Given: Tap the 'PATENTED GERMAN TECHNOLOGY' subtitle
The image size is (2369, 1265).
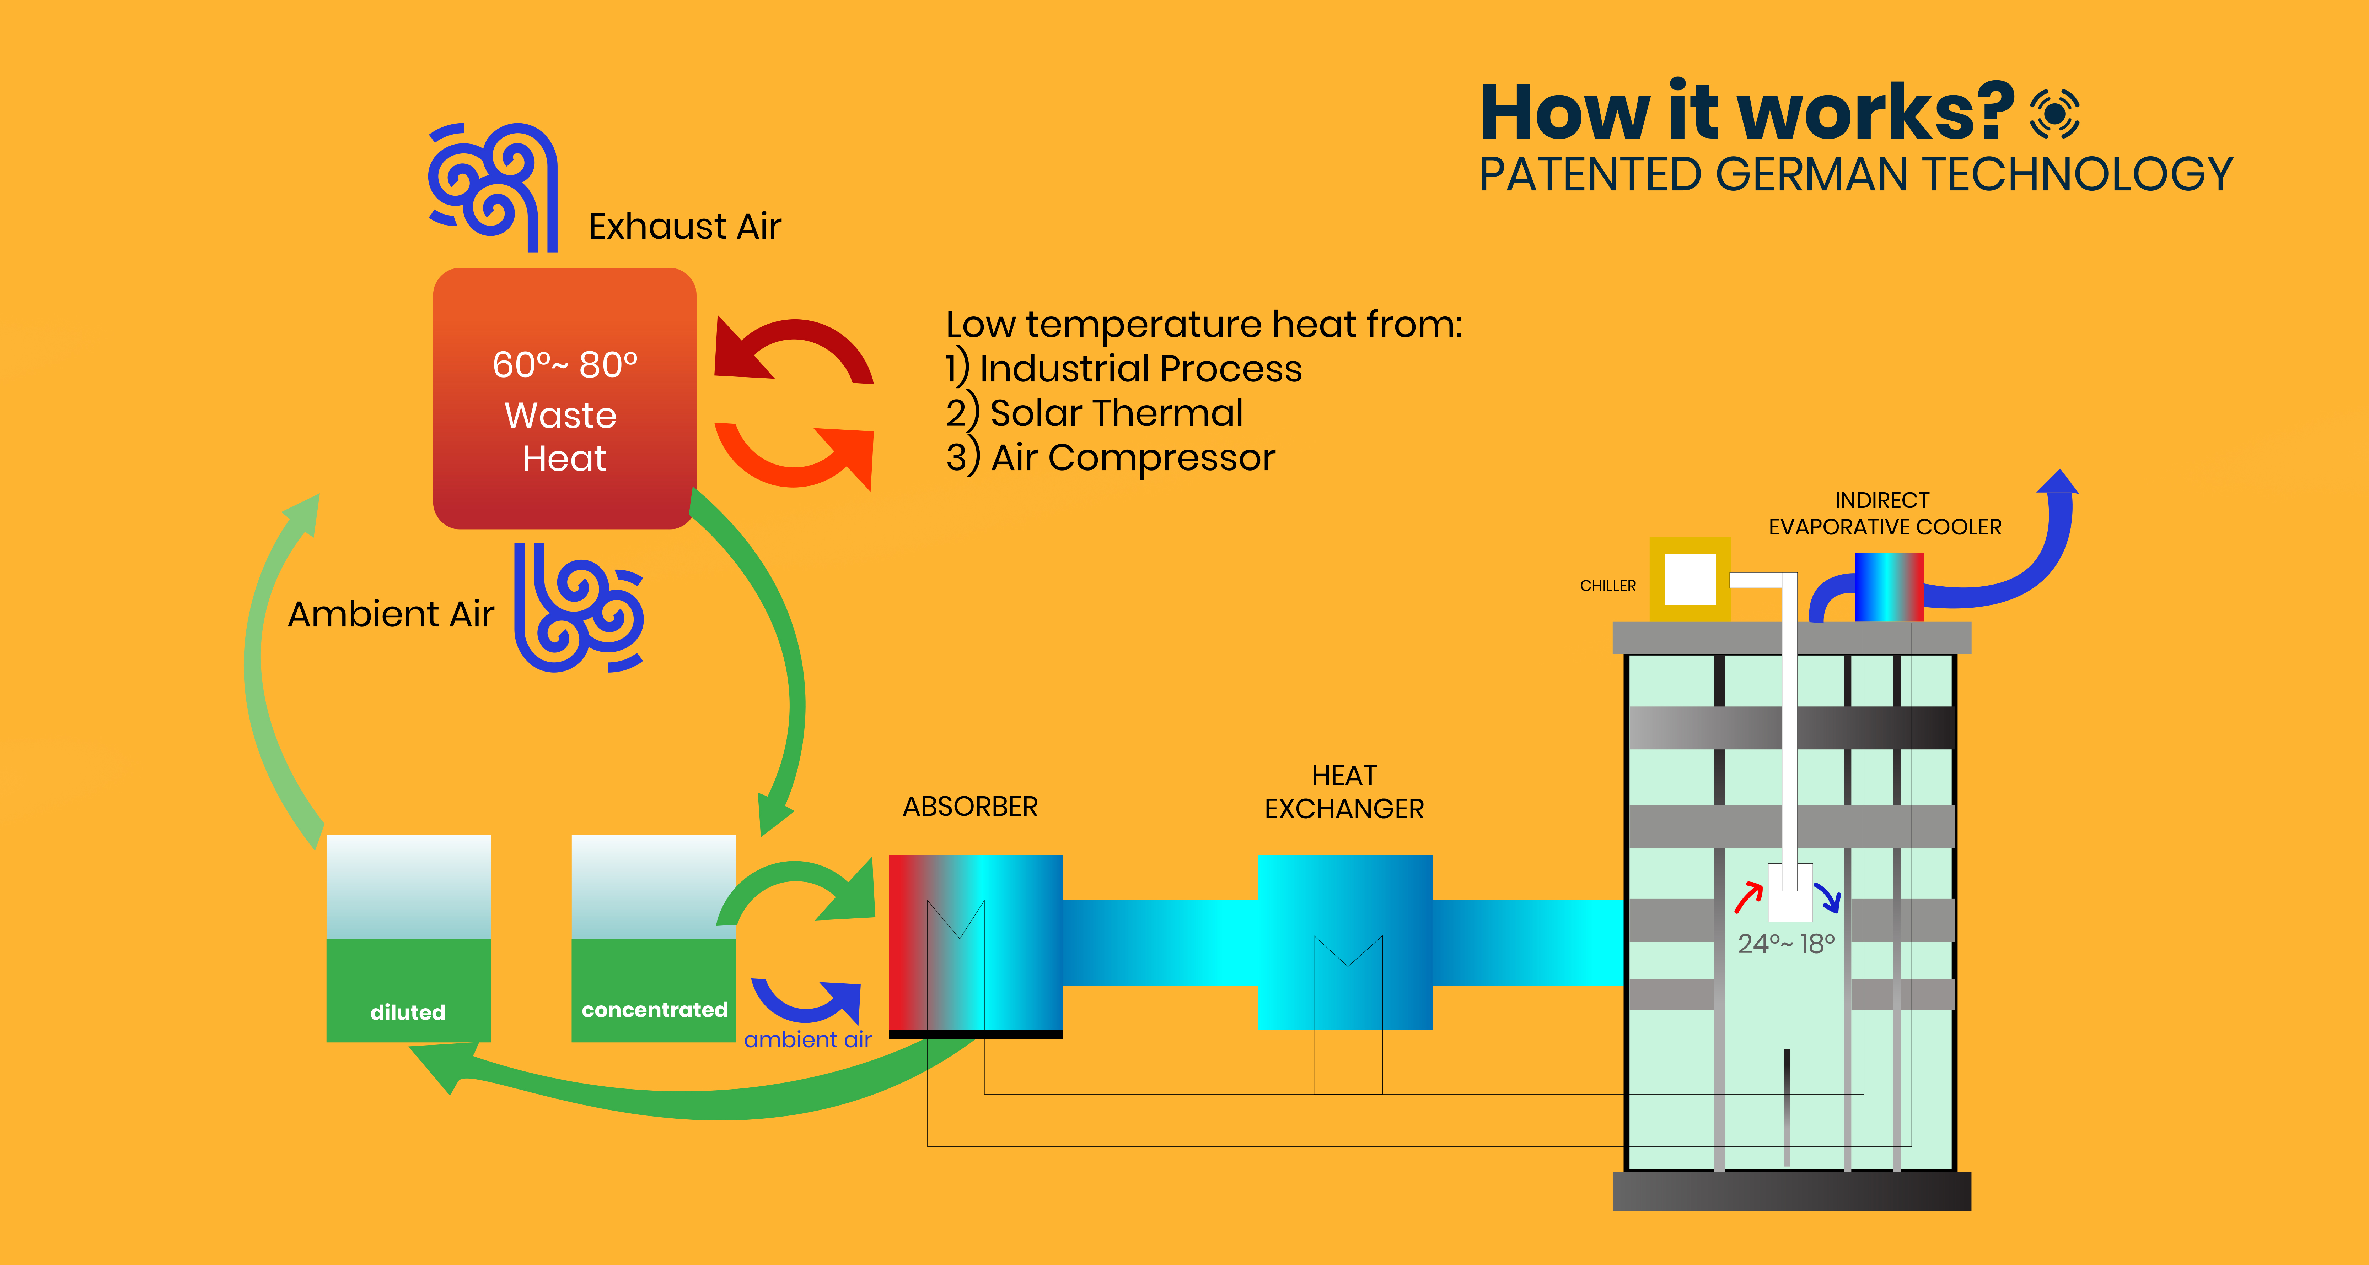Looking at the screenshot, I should coord(1855,175).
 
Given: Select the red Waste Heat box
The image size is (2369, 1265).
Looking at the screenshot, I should coord(564,398).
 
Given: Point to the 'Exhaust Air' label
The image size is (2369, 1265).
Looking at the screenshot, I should coord(684,226).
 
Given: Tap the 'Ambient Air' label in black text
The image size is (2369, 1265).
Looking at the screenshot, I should coord(391,614).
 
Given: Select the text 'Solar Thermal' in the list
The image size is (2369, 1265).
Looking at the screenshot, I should coord(1116,413).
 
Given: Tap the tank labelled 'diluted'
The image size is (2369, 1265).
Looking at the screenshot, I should coord(408,938).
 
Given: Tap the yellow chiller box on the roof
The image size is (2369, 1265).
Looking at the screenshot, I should coord(1690,579).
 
